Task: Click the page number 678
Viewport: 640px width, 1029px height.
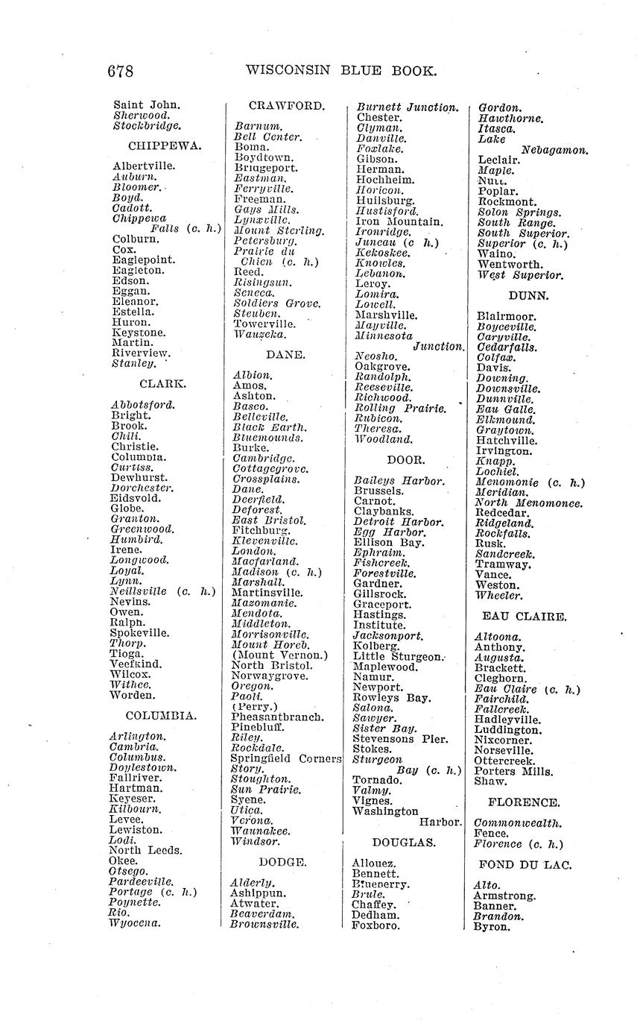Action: [120, 72]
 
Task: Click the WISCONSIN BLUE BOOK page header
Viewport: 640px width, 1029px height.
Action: [340, 72]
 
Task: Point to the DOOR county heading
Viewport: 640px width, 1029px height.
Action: [406, 460]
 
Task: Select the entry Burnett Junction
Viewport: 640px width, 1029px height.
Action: [408, 107]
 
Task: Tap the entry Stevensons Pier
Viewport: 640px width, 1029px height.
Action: [400, 739]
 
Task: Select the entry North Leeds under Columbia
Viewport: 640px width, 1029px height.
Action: [145, 850]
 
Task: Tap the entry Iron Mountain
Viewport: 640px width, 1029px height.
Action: [399, 221]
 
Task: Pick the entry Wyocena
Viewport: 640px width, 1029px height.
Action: [135, 922]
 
